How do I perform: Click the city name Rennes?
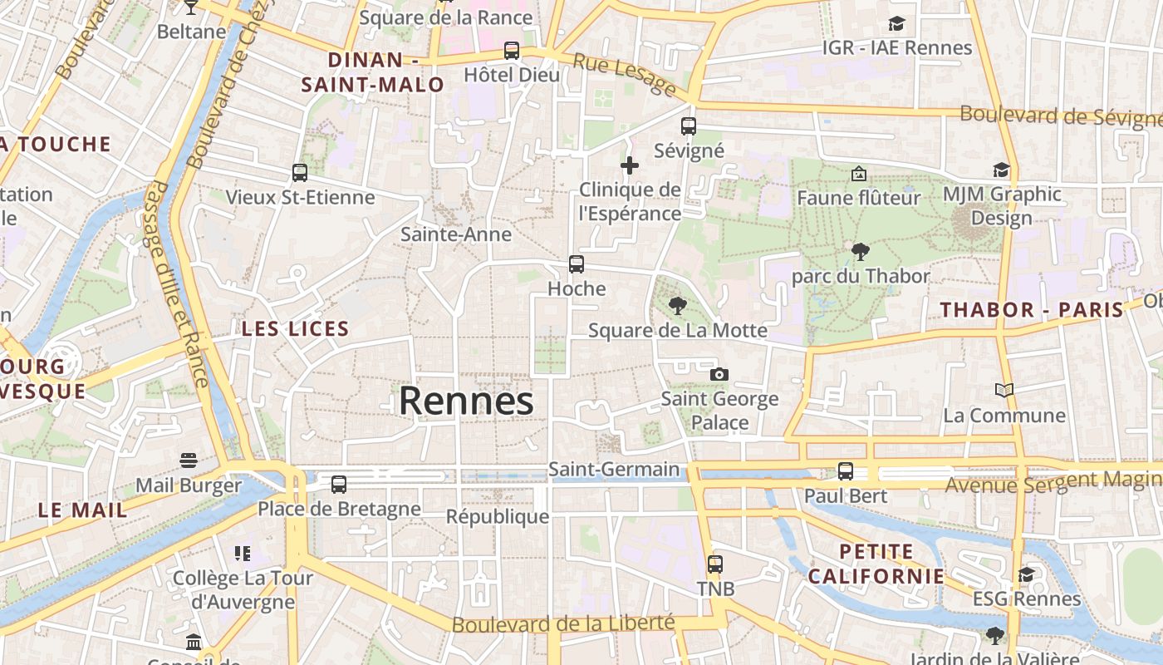[x=466, y=401]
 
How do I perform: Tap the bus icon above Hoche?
[x=577, y=264]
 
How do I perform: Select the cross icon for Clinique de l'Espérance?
[x=630, y=165]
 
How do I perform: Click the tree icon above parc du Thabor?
[x=861, y=251]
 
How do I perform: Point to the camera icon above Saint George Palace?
[x=719, y=374]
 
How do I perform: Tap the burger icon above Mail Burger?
[x=189, y=461]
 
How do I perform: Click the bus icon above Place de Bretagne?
[x=338, y=484]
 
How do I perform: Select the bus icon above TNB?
[x=715, y=564]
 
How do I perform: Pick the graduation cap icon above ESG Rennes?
[x=1027, y=574]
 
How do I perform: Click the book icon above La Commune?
[x=1004, y=390]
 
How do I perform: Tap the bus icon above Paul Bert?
[x=846, y=471]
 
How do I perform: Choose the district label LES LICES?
[x=296, y=329]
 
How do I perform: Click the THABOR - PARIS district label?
[x=1032, y=310]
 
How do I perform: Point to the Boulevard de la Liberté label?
[x=562, y=623]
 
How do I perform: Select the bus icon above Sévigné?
[x=689, y=126]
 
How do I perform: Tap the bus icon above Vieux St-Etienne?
[x=300, y=173]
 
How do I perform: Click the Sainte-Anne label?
[x=456, y=234]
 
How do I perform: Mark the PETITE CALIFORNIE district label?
[x=876, y=564]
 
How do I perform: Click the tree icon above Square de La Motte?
[x=678, y=306]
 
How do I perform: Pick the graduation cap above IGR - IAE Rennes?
[x=896, y=23]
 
